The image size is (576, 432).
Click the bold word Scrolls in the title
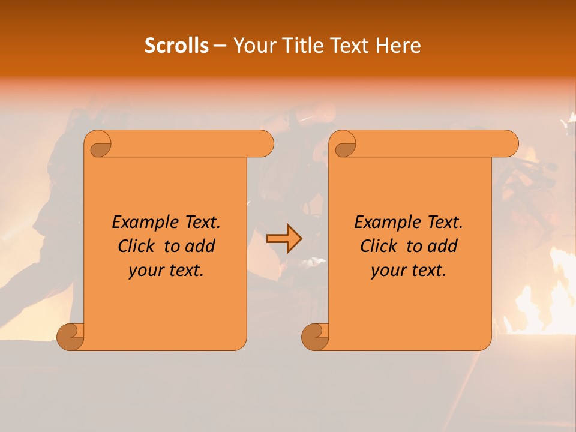click(176, 46)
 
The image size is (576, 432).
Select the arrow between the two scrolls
click(284, 239)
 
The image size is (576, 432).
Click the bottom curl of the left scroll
click(70, 337)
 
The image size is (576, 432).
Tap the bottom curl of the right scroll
click(314, 337)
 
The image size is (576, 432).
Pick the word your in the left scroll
click(145, 271)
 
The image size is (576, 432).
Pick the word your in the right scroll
click(388, 271)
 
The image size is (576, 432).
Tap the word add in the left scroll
click(200, 247)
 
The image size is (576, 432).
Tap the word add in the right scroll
click(443, 247)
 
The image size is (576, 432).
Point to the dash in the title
click(220, 46)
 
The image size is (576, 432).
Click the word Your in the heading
click(252, 46)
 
